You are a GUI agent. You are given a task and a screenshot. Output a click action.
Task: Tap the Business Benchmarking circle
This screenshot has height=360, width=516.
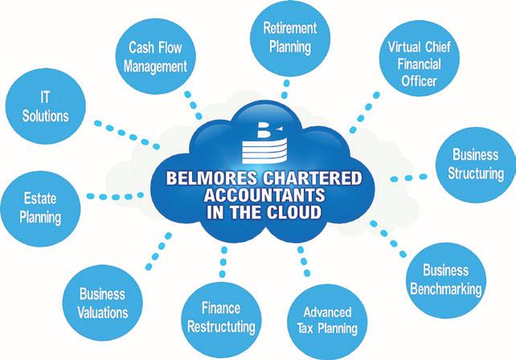coord(453,277)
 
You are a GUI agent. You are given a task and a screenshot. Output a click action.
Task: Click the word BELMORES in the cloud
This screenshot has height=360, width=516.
coord(213,178)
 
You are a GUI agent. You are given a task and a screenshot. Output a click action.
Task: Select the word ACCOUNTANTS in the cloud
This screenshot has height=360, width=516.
coord(254,196)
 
